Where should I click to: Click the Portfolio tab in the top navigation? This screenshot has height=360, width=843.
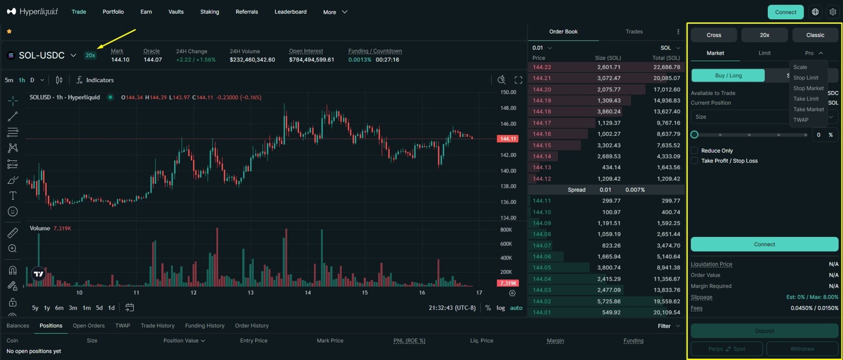113,12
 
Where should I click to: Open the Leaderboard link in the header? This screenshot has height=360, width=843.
290,12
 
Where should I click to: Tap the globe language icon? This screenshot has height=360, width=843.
815,12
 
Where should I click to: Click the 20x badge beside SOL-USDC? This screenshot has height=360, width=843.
90,55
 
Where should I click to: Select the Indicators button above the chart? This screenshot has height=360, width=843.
95,80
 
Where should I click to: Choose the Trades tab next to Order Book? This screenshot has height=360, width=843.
634,31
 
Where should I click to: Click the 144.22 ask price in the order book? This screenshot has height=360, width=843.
542,67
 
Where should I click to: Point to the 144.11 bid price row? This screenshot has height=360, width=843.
542,201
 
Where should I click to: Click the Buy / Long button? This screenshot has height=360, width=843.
728,76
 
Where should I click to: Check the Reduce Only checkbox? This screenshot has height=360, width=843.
694,151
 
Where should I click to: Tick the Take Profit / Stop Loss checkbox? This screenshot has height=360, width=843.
694,161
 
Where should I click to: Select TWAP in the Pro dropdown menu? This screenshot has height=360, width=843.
801,120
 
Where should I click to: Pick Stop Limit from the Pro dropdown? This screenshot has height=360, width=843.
806,78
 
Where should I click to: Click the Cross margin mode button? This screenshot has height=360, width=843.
714,35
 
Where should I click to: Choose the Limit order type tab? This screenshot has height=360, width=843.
764,53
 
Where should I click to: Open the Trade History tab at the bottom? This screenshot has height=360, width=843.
157,326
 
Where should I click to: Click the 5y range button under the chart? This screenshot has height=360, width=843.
35,308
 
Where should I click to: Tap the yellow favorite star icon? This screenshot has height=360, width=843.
9,31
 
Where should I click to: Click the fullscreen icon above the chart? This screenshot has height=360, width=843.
518,80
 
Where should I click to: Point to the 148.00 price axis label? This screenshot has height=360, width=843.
508,108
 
